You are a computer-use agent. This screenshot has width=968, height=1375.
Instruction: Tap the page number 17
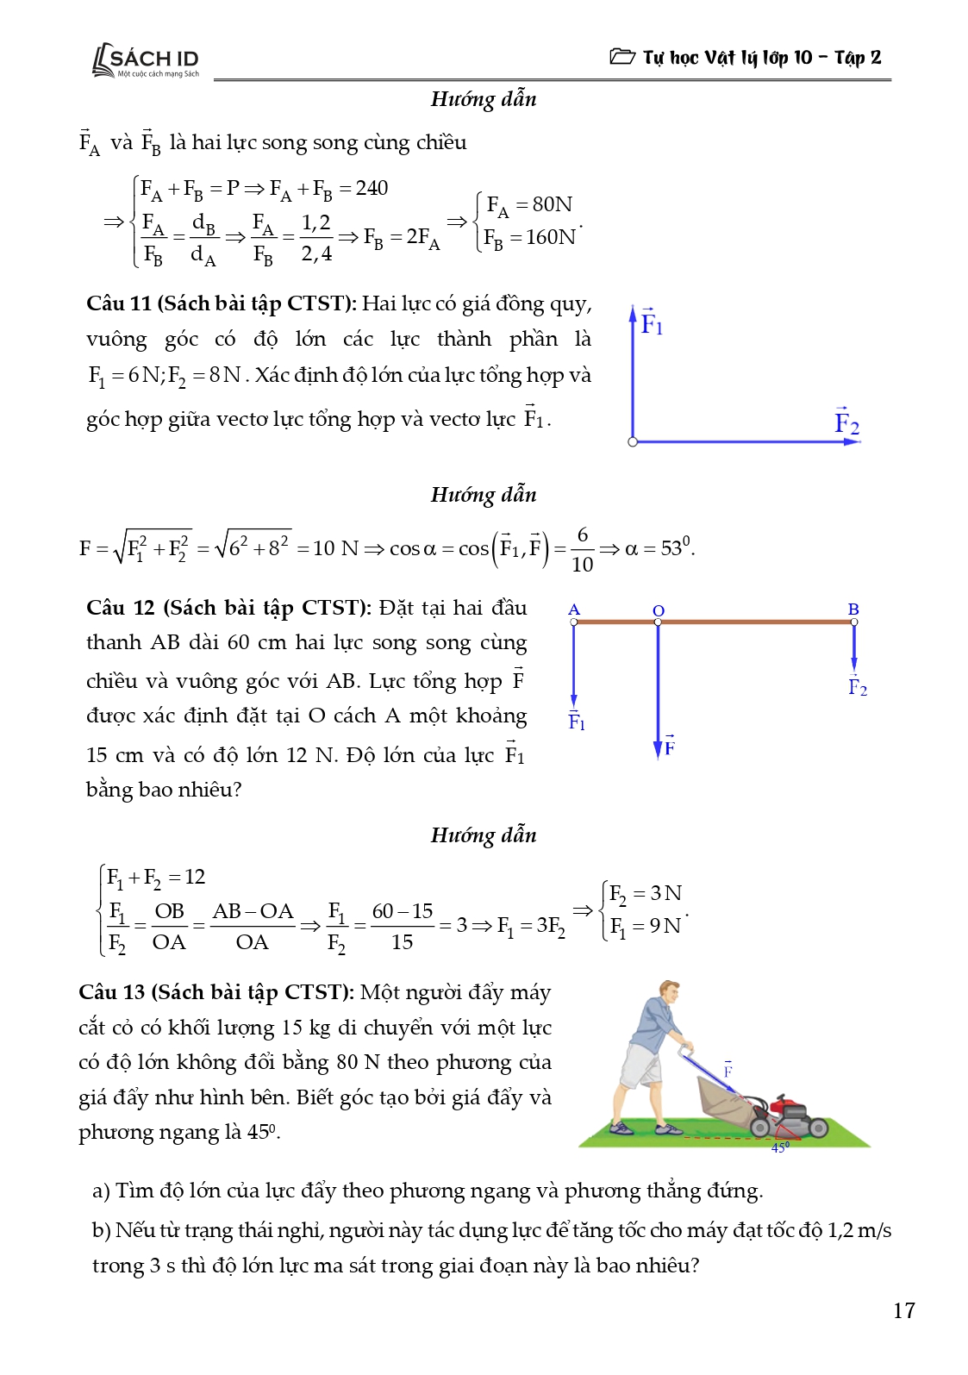(x=903, y=1310)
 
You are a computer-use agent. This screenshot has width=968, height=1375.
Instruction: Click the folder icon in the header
(x=621, y=57)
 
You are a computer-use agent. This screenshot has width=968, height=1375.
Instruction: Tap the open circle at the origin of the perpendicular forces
(x=633, y=442)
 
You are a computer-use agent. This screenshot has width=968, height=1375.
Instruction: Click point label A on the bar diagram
(x=574, y=609)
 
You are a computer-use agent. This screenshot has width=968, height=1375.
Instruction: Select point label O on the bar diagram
(x=659, y=610)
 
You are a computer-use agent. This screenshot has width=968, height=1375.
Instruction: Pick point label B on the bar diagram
(x=853, y=609)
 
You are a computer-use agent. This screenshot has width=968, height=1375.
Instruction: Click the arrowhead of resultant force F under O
(x=659, y=749)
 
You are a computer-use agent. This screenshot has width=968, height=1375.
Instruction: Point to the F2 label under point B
(x=857, y=687)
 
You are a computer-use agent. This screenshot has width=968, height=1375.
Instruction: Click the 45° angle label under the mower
(x=779, y=1147)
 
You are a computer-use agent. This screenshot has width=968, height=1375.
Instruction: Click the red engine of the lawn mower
(x=788, y=1106)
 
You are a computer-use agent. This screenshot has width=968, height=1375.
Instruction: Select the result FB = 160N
(x=529, y=237)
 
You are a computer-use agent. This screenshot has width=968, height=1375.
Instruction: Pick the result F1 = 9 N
(x=646, y=926)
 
